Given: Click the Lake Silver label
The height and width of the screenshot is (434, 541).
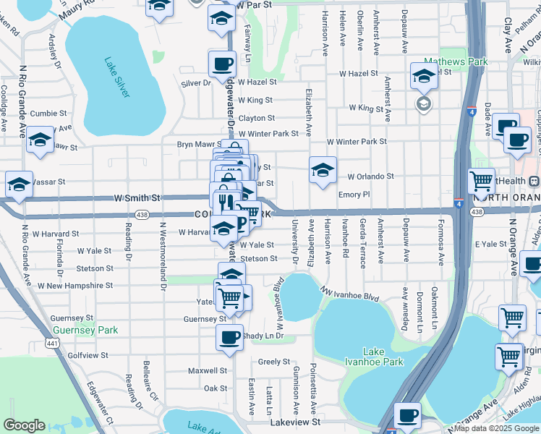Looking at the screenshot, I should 116,78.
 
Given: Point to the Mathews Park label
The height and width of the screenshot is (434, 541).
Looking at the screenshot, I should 455,62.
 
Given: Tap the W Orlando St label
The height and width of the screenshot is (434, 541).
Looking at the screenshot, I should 370,176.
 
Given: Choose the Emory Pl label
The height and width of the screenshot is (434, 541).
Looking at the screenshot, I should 354,195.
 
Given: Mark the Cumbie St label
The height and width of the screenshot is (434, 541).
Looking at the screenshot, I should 48,114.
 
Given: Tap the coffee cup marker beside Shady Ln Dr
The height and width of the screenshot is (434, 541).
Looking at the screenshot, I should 230,337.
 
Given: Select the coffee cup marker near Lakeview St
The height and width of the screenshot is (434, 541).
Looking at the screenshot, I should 408,416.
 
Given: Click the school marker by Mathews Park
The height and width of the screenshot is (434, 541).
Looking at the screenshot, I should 424,75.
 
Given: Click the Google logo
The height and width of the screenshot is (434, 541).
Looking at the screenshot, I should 24,425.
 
